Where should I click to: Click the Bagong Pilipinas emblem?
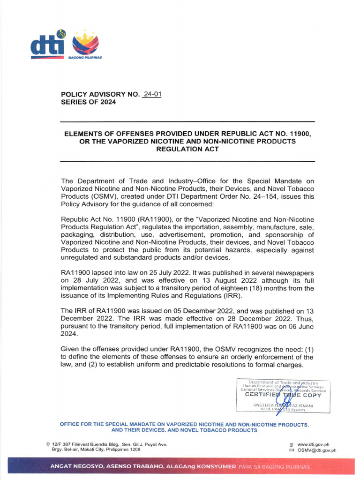(x=85, y=45)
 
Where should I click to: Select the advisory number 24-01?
(x=152, y=94)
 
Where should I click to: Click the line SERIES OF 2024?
(x=89, y=102)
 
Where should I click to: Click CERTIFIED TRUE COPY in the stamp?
(x=283, y=395)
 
